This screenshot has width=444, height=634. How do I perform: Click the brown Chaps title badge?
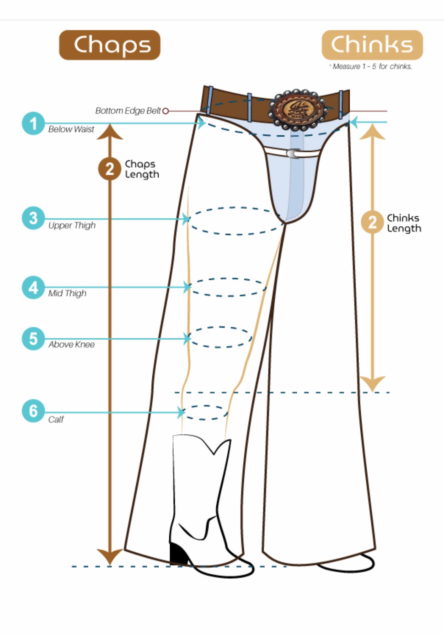click(x=110, y=45)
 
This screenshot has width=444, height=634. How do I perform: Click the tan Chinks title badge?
click(x=372, y=45)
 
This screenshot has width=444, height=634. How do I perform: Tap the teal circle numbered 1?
click(x=34, y=123)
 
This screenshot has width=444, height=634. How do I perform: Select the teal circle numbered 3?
click(x=34, y=218)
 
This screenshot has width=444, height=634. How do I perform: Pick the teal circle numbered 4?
click(x=34, y=287)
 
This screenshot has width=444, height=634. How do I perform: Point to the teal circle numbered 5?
click(x=34, y=339)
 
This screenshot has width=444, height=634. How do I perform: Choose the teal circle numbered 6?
click(x=34, y=411)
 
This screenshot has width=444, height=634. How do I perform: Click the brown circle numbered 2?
click(x=109, y=169)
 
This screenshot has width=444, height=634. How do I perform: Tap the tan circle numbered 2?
click(x=372, y=222)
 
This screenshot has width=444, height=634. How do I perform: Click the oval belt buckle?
click(x=298, y=110)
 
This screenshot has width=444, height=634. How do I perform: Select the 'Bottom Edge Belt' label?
click(x=128, y=111)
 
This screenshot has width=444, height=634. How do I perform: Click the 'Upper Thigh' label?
click(x=72, y=225)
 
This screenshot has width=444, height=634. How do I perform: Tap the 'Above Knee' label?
click(x=71, y=345)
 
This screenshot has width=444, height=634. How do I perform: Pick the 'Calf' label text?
click(x=56, y=420)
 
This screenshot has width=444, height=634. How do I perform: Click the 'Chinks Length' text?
click(x=404, y=223)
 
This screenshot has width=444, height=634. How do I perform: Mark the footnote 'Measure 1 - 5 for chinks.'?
click(x=371, y=66)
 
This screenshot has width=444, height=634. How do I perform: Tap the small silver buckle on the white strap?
click(x=293, y=153)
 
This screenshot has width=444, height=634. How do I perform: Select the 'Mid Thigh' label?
click(x=67, y=293)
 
